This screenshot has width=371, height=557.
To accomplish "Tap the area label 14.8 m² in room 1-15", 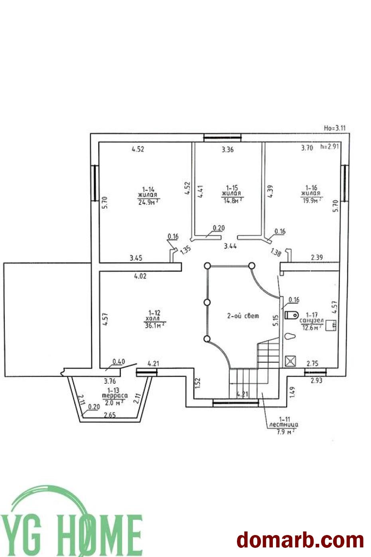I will [x=232, y=200].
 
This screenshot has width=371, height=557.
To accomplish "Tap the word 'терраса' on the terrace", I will [x=115, y=396].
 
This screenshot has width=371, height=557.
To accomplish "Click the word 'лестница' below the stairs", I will [x=284, y=425].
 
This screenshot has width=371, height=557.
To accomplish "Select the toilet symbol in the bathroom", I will [x=292, y=314].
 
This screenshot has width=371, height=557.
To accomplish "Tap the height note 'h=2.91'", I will [x=329, y=147].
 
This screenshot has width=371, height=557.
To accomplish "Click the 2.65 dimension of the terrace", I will [x=110, y=415].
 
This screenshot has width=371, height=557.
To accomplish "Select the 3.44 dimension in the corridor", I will [x=230, y=246].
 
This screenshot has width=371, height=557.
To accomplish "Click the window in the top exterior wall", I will [x=222, y=138].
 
